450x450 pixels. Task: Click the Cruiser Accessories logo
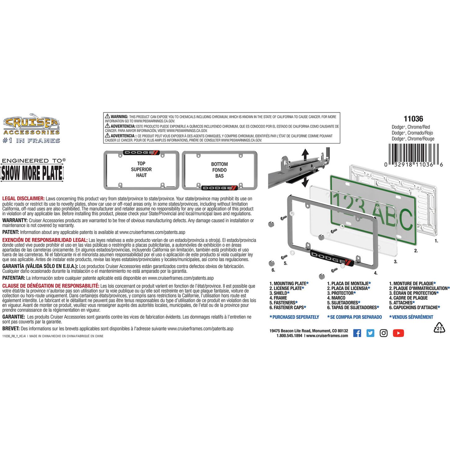31,128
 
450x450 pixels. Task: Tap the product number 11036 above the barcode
413,119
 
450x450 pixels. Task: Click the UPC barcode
414,155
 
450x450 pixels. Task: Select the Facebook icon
357,333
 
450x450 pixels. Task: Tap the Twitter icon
370,333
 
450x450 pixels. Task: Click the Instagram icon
384,333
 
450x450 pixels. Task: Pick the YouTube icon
398,333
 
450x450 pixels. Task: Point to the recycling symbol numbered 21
439,328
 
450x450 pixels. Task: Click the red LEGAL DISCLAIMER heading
23,199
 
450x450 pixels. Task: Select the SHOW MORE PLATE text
32,173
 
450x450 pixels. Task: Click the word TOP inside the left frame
141,163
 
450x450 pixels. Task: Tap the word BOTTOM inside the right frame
219,164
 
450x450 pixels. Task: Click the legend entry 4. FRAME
278,298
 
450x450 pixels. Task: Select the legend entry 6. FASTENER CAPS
288,307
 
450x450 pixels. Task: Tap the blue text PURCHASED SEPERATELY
294,317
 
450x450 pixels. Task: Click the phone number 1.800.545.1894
289,336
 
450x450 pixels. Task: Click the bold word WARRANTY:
15,220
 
